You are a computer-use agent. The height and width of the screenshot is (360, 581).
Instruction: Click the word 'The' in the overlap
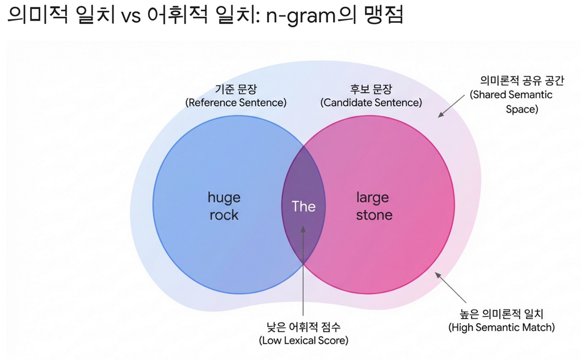[304, 206]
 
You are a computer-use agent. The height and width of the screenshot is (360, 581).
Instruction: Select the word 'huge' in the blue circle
[224, 198]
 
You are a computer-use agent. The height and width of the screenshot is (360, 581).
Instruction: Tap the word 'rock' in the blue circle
[224, 215]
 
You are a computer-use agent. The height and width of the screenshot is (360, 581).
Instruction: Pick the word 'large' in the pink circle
[373, 198]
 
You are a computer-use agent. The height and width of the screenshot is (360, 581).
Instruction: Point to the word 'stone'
[374, 215]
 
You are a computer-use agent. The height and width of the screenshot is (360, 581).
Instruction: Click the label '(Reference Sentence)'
[236, 103]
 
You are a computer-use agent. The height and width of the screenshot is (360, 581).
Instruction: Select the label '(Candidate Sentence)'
[371, 103]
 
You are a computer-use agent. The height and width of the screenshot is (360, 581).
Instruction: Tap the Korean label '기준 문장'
[235, 89]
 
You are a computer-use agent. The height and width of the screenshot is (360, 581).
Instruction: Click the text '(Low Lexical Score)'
[304, 340]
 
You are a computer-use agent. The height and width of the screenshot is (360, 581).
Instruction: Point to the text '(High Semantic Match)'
[502, 327]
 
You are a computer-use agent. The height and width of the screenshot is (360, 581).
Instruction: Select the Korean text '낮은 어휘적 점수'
[304, 326]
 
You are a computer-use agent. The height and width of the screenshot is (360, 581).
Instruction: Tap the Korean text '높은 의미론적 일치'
[502, 313]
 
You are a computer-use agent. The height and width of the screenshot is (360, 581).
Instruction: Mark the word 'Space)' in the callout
[521, 109]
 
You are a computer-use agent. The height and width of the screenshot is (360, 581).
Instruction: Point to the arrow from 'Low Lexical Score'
[304, 273]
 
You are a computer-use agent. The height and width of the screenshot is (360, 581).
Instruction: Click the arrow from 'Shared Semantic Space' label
[452, 107]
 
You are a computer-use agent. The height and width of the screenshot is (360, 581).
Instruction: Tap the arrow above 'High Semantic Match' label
[451, 287]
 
